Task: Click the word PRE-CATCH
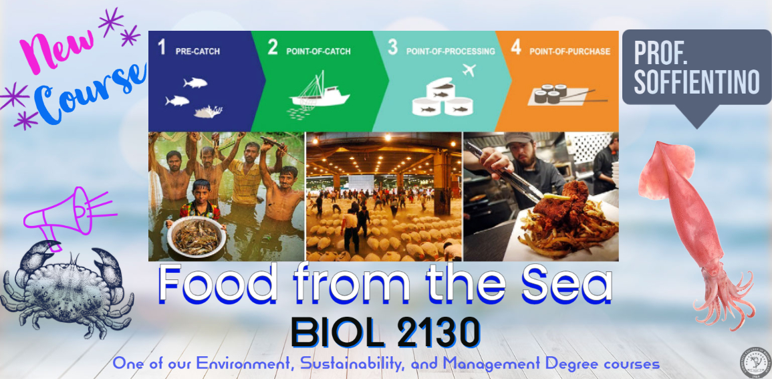pyautogui.click(x=197, y=51)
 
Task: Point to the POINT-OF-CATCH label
pyautogui.click(x=319, y=51)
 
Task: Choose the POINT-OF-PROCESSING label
pyautogui.click(x=451, y=51)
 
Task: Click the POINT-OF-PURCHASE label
pyautogui.click(x=569, y=51)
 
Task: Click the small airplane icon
pyautogui.click(x=469, y=70)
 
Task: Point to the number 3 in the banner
pyautogui.click(x=392, y=47)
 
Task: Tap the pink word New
pyautogui.click(x=57, y=49)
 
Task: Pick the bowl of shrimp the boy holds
pyautogui.click(x=197, y=237)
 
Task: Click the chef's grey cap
pyautogui.click(x=519, y=138)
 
